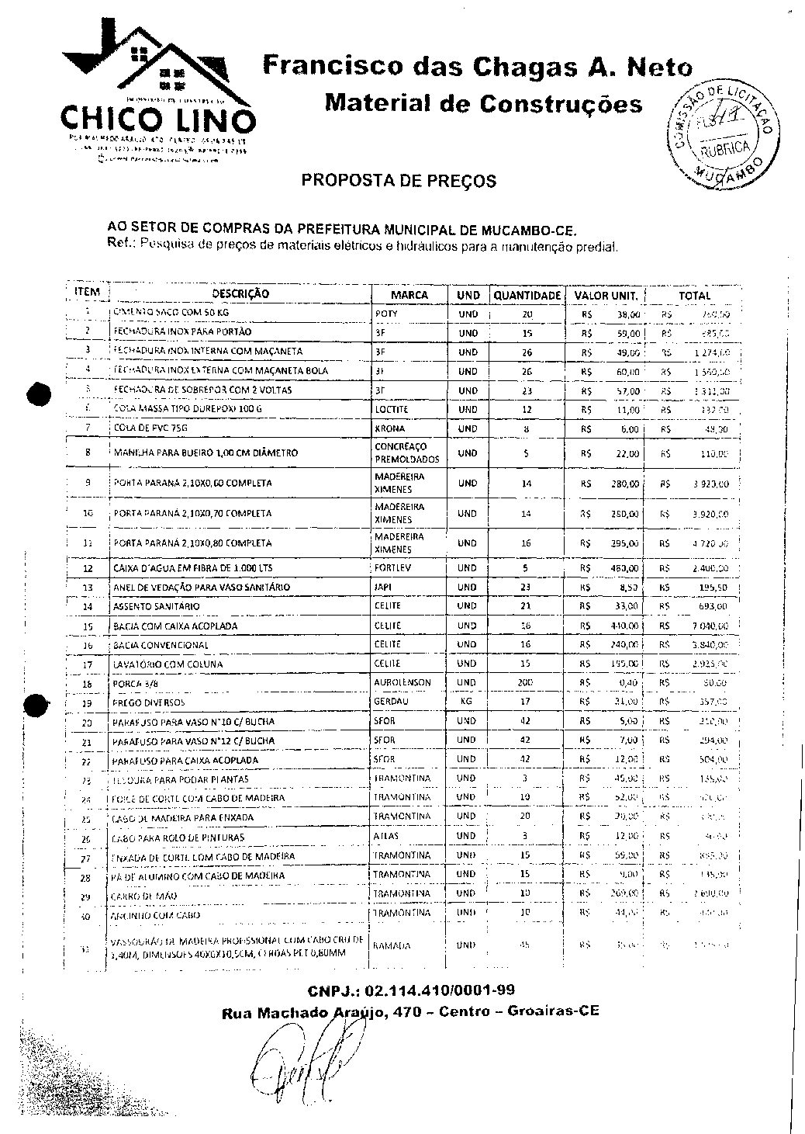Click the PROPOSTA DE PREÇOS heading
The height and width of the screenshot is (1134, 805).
pos(399,182)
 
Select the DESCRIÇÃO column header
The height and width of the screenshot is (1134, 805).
pos(240,295)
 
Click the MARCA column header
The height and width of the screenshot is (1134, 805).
pos(409,296)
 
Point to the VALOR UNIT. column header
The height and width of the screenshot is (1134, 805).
pos(606,296)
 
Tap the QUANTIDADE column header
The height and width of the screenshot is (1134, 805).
pos(527,296)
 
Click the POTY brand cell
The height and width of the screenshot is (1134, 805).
pos(386,314)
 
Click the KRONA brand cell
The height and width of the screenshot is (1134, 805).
pos(389,428)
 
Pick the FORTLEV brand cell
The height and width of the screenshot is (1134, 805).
pos(392,568)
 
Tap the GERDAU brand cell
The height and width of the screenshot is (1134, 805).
pos(390,702)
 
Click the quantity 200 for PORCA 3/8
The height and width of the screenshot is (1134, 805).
pos(525,683)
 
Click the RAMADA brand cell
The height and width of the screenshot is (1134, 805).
pos(392,946)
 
